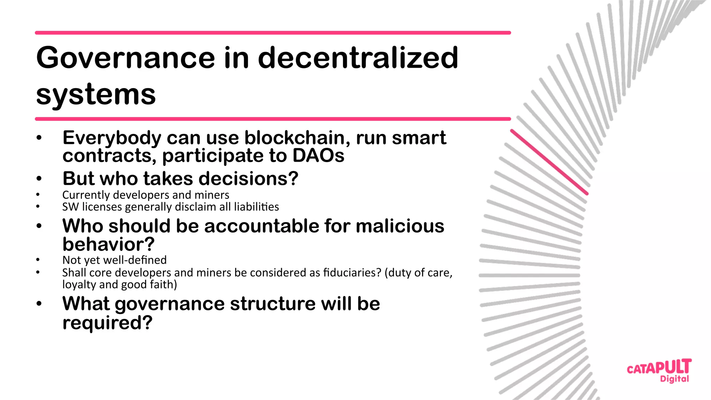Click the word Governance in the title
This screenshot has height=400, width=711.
(x=126, y=58)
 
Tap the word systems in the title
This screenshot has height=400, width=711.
(x=96, y=94)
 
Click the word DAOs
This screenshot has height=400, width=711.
(x=318, y=155)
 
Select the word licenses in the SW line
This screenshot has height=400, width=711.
(x=102, y=207)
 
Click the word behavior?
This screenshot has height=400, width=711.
(x=108, y=244)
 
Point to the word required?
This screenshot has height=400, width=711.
(x=107, y=323)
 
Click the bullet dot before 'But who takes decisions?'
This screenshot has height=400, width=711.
(x=39, y=179)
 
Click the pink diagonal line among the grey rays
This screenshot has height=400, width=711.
(x=549, y=162)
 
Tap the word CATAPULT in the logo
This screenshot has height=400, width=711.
(x=659, y=367)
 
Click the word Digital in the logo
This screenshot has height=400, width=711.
(x=674, y=379)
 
